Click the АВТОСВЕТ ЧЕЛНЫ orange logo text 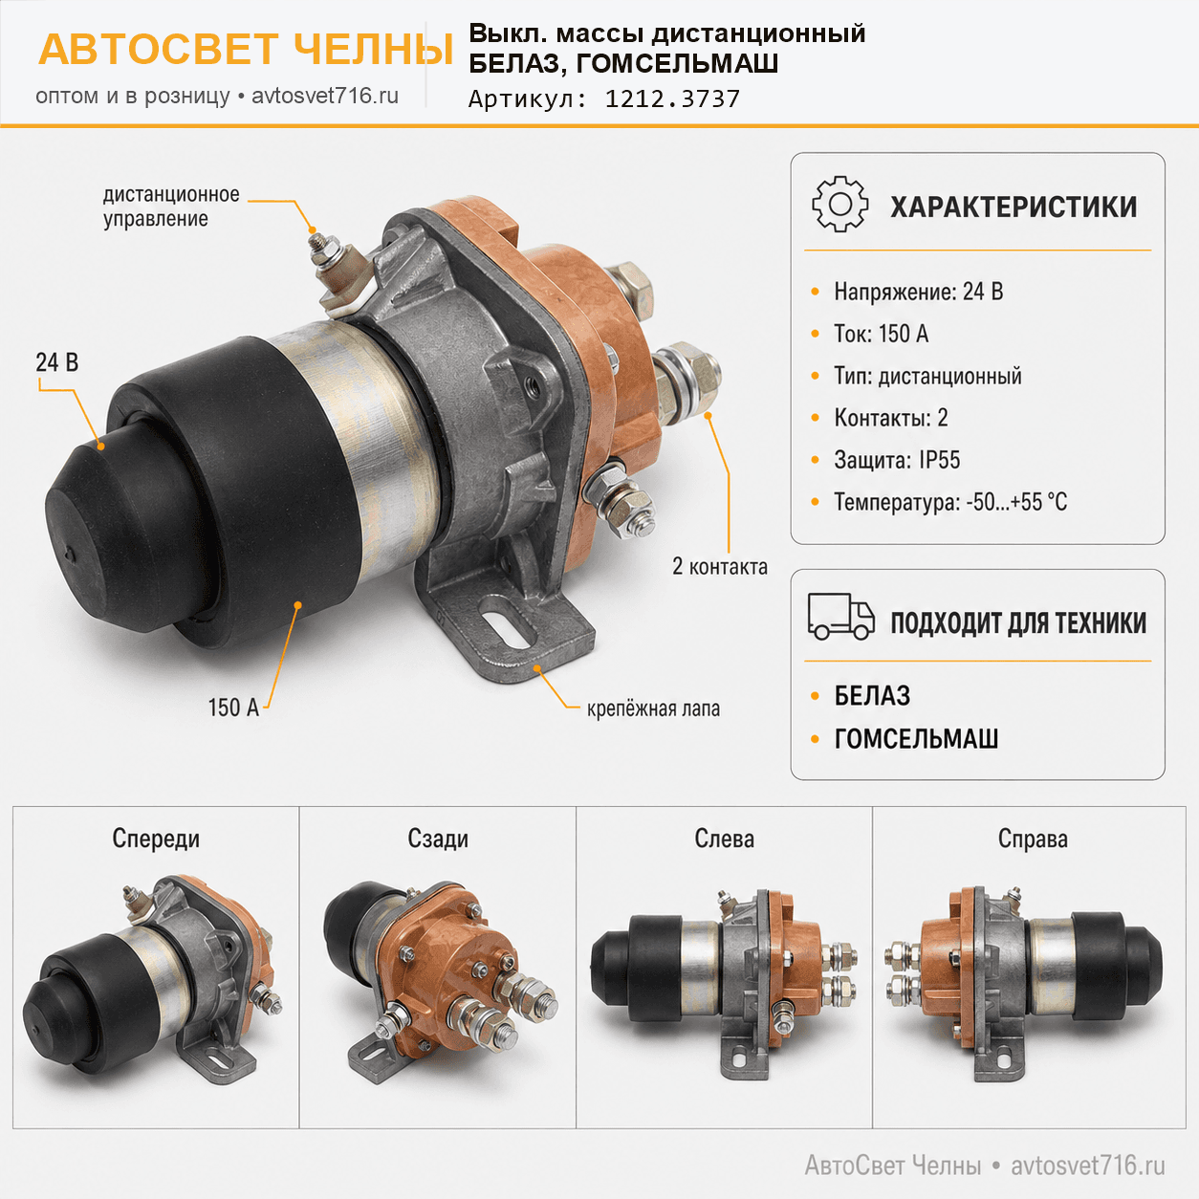click(x=246, y=49)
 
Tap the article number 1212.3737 click(x=672, y=98)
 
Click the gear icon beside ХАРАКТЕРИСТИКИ click(x=840, y=204)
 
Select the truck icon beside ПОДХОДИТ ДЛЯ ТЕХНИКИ click(x=841, y=616)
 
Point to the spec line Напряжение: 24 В click(x=919, y=292)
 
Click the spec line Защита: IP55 click(x=897, y=460)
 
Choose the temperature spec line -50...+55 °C click(x=950, y=502)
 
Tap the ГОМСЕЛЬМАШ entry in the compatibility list click(x=916, y=738)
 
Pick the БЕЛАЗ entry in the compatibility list click(x=872, y=696)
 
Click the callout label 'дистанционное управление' click(x=171, y=207)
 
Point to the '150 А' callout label click(x=233, y=708)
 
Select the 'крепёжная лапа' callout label click(x=653, y=708)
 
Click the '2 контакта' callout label click(x=720, y=566)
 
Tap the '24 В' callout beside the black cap click(x=57, y=362)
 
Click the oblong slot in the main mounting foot click(x=506, y=628)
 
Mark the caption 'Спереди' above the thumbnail click(x=156, y=839)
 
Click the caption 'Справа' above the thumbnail click(x=1033, y=839)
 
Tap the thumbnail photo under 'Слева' click(x=724, y=983)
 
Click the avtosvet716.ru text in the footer click(x=1088, y=1166)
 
